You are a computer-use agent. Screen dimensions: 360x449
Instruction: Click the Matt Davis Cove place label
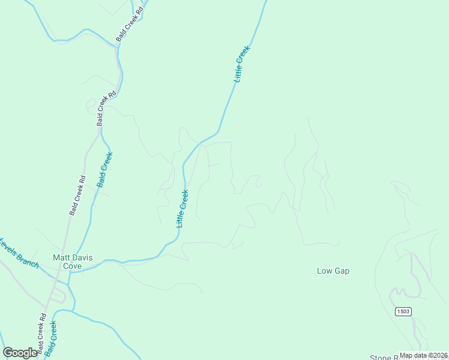point(67,261)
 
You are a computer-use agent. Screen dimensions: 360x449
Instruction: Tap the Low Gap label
point(333,271)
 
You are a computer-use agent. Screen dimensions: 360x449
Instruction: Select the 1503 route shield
point(403,311)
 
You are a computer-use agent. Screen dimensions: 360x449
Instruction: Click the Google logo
point(20,353)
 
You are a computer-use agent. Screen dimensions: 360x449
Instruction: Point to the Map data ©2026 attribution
point(423,355)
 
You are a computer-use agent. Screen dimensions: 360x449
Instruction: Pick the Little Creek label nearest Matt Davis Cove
point(182,208)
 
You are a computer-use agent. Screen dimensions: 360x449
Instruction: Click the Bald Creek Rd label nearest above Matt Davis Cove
point(77,195)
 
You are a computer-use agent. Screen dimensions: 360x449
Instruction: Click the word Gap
point(342,271)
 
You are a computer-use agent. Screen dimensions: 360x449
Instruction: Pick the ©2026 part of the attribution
point(435,355)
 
